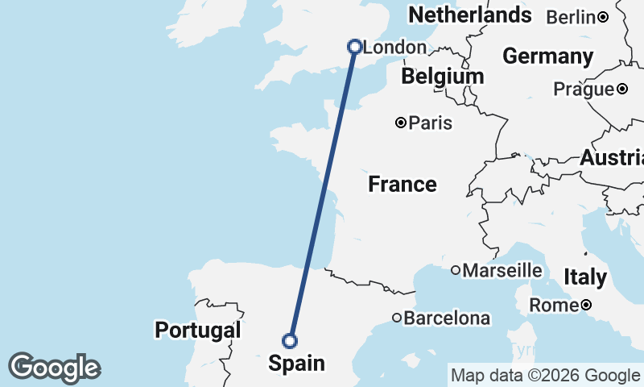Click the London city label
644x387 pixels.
[395, 48]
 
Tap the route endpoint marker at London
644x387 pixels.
[354, 47]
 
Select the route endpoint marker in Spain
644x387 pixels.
[290, 340]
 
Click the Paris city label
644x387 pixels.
[431, 123]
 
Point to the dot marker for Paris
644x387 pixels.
[401, 123]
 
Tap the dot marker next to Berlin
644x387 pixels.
[603, 17]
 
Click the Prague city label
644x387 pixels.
[584, 89]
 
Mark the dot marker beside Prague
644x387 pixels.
[621, 89]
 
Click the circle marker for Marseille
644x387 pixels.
[456, 270]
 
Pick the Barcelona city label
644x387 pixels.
[447, 318]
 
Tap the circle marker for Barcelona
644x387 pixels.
[397, 318]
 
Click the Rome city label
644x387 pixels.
[553, 306]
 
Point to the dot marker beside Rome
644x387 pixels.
[586, 305]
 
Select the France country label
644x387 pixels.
[402, 185]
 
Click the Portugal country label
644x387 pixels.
[198, 330]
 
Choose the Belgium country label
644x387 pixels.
[443, 77]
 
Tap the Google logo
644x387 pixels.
[54, 368]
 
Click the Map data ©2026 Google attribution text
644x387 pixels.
[545, 375]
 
